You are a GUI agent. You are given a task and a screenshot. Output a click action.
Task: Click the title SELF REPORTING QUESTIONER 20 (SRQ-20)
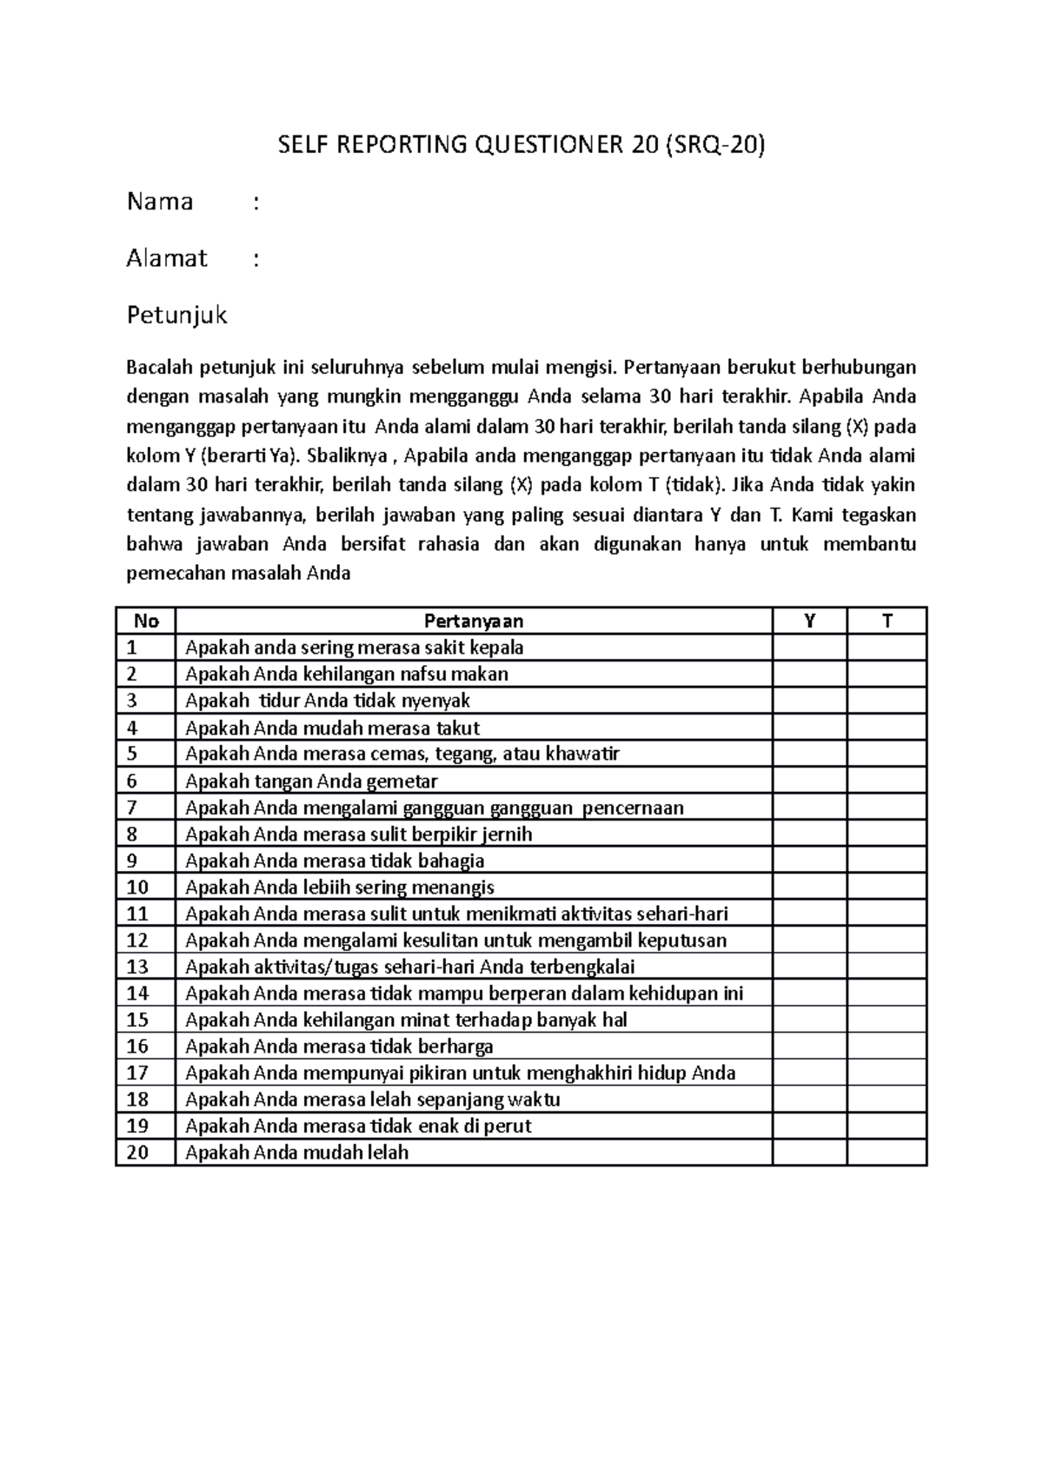point(521,145)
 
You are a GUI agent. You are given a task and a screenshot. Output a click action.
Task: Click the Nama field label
point(160,202)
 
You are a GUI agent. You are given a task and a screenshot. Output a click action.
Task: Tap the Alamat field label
point(167,258)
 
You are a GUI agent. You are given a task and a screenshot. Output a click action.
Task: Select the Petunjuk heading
point(176,315)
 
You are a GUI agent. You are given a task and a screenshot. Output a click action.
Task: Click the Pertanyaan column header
point(474,621)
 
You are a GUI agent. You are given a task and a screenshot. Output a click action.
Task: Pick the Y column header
point(809,621)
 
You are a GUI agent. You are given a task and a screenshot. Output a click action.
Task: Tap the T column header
point(887,621)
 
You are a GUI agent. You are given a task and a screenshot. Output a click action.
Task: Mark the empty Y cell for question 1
point(809,648)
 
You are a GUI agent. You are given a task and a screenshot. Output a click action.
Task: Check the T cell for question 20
point(887,1153)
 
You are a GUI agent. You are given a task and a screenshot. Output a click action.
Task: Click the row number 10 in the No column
point(137,887)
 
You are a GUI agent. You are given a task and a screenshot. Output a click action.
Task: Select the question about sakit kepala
point(354,648)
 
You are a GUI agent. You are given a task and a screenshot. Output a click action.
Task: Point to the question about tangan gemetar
point(311,781)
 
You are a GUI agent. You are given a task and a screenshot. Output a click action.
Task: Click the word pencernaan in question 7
point(633,808)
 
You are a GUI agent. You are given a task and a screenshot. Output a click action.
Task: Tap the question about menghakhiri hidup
point(460,1073)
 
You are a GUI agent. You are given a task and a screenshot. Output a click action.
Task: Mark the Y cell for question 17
point(809,1073)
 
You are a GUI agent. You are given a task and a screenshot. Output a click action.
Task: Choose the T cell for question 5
point(887,754)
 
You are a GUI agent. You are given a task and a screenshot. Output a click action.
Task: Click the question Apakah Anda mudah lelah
point(296,1153)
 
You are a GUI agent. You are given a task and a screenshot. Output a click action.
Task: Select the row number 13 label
point(137,967)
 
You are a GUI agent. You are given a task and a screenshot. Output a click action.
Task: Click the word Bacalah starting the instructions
point(160,368)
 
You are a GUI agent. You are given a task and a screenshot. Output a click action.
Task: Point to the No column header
point(146,621)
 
